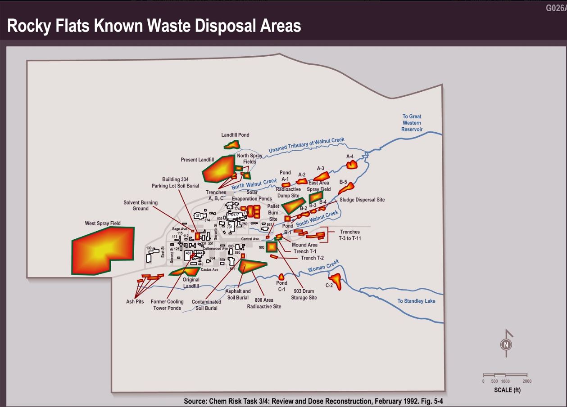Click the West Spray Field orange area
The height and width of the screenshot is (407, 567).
click(101, 250)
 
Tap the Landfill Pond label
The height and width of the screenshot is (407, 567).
click(235, 135)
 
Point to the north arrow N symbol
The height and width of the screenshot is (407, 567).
click(506, 345)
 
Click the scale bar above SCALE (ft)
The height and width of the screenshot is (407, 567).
click(505, 375)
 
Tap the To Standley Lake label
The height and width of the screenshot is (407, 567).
click(416, 301)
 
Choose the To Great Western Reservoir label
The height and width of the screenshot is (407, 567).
click(412, 123)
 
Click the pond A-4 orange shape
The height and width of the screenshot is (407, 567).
click(351, 165)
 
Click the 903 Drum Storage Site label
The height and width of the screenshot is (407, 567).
click(305, 294)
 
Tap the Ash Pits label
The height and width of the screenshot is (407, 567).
click(135, 301)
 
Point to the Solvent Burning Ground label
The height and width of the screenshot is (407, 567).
click(141, 206)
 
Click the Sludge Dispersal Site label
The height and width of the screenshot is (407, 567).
click(362, 200)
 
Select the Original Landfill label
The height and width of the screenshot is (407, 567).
click(191, 282)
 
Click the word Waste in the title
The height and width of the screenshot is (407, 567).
click(164, 26)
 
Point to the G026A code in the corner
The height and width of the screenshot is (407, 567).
click(556, 8)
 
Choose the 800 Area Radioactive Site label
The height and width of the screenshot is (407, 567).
click(264, 303)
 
